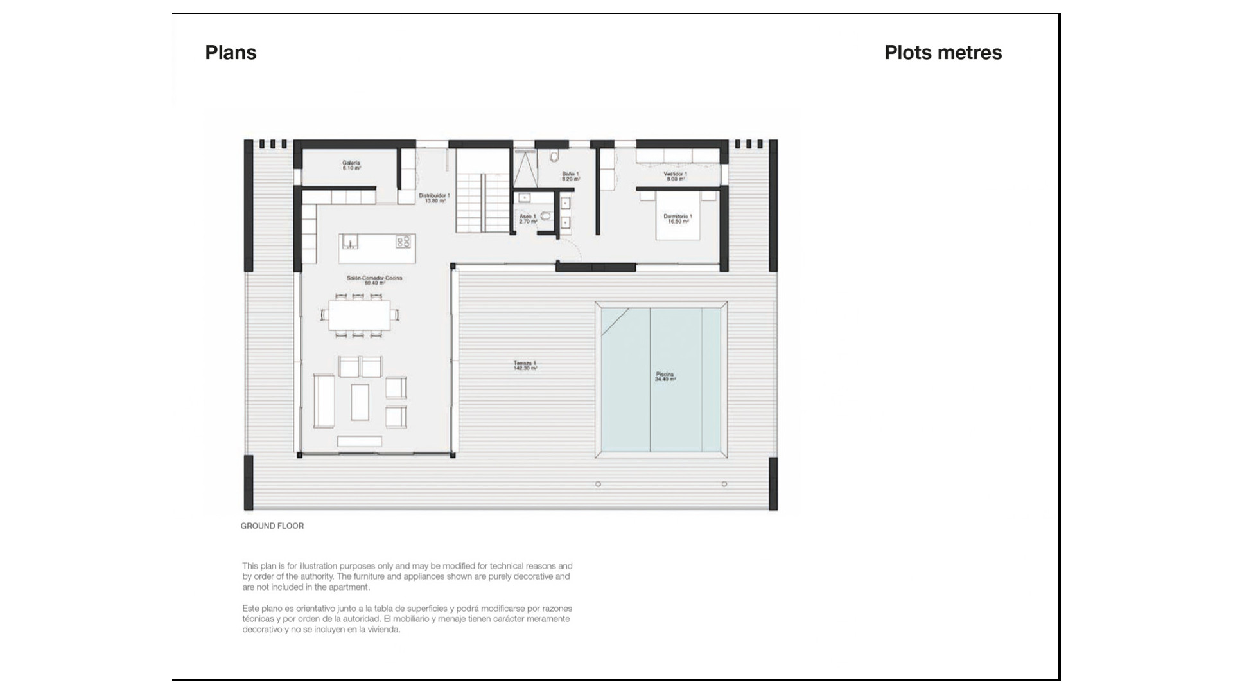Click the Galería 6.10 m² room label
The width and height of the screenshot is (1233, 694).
point(351,165)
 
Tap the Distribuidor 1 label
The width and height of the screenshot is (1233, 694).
point(434,197)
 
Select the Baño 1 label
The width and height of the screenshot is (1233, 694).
point(570,176)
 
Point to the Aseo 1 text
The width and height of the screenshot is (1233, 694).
point(527,218)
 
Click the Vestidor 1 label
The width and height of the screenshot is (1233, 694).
point(676,176)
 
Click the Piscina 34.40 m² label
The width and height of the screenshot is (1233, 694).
point(665,377)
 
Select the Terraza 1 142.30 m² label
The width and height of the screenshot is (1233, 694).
point(525,366)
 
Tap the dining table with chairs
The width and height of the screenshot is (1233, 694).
point(359,315)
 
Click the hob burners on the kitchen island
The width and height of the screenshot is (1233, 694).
point(403,242)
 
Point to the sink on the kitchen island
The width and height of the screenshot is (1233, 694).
point(349,242)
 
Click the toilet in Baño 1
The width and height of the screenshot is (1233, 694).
point(555,156)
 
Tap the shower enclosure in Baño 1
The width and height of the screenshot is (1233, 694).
point(525,168)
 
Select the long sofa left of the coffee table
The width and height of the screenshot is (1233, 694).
point(324,402)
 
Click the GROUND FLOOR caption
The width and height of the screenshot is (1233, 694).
point(272,526)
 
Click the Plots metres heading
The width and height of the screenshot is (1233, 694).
point(943,53)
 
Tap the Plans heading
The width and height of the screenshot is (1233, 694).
point(231,53)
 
